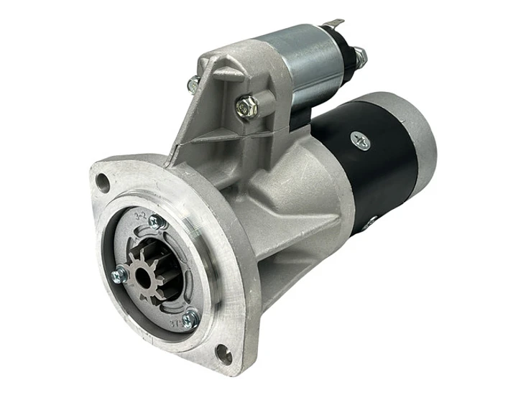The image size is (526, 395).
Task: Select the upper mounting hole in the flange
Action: [x=103, y=182]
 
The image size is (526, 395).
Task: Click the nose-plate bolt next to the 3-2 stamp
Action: [x=157, y=222]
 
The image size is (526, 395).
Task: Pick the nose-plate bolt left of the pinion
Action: [x=119, y=274]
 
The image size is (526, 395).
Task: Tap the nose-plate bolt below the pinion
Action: [x=190, y=319]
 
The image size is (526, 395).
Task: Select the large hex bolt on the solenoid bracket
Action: [x=246, y=108]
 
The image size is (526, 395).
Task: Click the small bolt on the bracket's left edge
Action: [x=193, y=85]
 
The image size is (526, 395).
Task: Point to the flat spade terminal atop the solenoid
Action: [x=332, y=25]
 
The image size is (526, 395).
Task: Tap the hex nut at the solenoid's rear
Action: [x=359, y=57]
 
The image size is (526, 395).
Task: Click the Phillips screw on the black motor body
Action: [x=361, y=141]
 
